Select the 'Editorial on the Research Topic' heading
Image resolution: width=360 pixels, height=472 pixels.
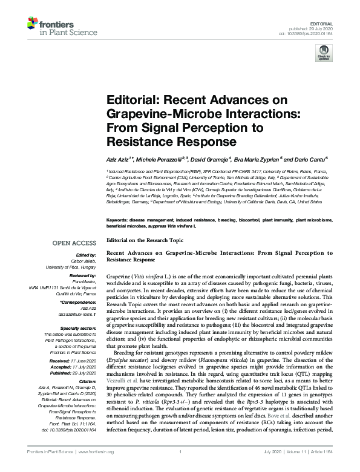point(143,240)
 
